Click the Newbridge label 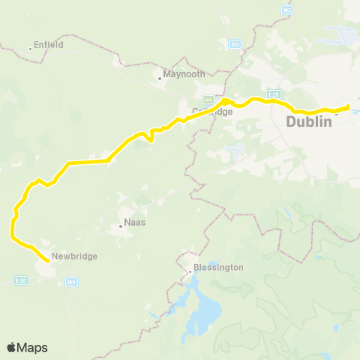tap(75, 256)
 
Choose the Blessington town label tap(218, 267)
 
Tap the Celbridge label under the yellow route tap(212, 112)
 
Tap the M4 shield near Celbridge tap(208, 99)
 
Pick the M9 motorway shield tap(71, 283)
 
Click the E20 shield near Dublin tap(274, 94)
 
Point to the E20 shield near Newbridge tap(20, 279)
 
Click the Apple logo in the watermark tap(11, 347)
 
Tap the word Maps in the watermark tap(32, 347)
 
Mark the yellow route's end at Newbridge tap(49, 260)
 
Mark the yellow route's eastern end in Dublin tap(349, 106)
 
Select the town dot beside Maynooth tap(160, 77)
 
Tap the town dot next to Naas tap(121, 226)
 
